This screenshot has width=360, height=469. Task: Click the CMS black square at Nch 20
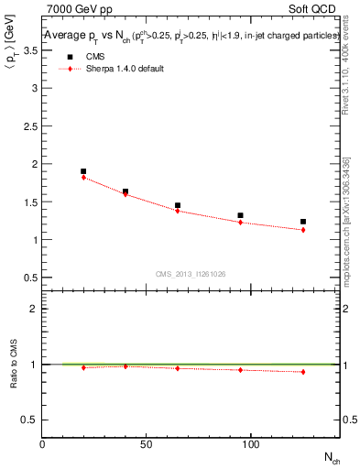click(83, 171)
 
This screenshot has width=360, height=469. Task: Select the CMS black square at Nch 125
click(303, 222)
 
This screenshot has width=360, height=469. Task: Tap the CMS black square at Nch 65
click(178, 206)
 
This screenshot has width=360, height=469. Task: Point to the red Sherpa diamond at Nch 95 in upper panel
click(240, 223)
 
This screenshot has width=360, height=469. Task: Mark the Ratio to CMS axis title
click(14, 364)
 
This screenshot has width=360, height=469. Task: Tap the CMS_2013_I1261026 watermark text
click(191, 274)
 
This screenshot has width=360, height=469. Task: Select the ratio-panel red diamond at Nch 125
click(303, 372)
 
